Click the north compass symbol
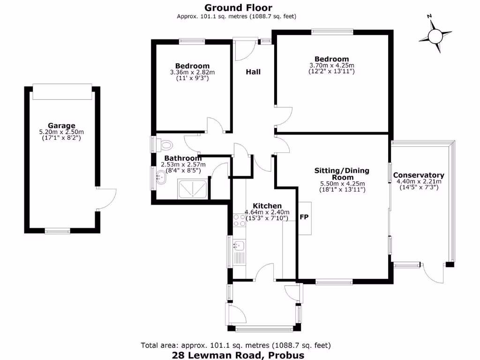coord(435,35)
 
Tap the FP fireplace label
coord(304,217)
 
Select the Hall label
coord(253,72)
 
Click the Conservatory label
coord(418,175)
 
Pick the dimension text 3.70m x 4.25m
coord(331,66)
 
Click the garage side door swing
coord(107,199)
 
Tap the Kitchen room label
coord(267,206)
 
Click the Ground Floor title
coord(238,7)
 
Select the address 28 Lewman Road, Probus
coord(238,355)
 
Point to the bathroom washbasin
coord(161,178)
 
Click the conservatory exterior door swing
coord(433,274)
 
